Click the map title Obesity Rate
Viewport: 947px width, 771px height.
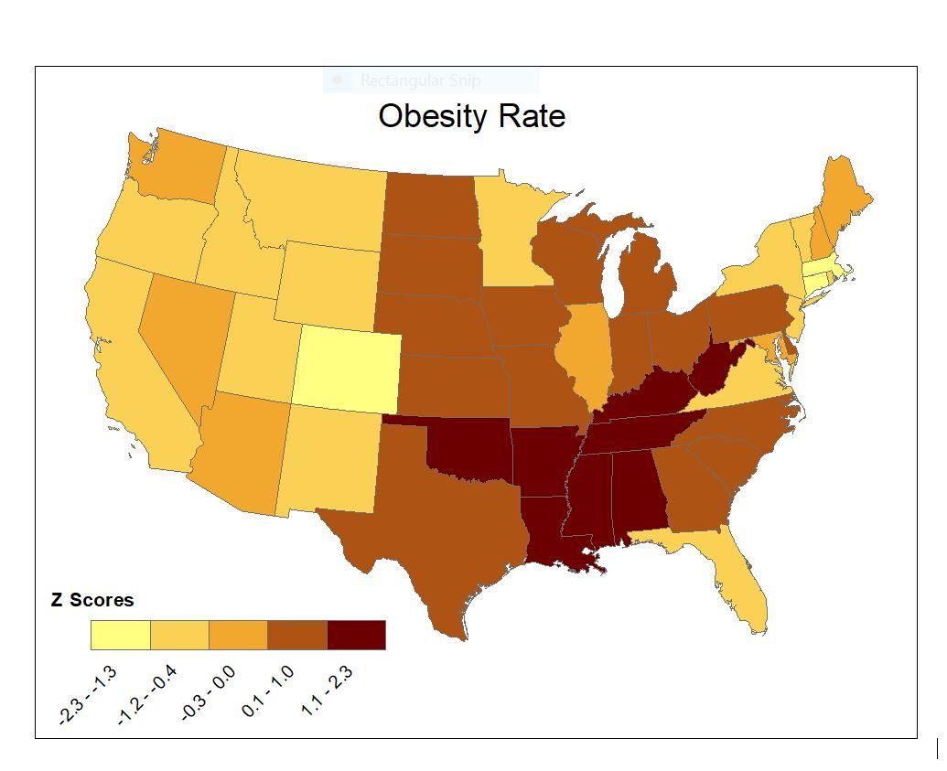(471, 116)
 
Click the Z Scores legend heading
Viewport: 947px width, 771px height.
(91, 600)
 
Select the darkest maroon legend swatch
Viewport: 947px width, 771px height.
(356, 635)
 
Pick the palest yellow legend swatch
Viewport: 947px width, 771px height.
(120, 635)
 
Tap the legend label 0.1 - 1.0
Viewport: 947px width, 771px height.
(268, 691)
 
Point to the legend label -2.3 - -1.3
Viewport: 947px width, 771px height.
(88, 696)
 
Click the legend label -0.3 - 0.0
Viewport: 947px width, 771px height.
(209, 693)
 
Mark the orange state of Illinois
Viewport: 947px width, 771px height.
(590, 352)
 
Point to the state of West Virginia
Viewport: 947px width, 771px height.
(719, 368)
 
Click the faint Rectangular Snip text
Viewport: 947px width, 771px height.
(420, 80)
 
